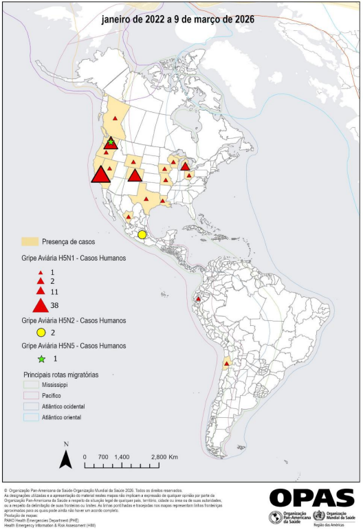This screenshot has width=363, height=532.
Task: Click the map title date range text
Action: coord(178,20)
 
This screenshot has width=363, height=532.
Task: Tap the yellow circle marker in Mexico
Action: coord(142,234)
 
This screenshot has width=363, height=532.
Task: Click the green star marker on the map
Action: coord(110,141)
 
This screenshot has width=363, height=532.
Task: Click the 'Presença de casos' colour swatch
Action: coord(30,242)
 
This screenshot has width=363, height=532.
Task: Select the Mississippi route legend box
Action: coord(30,386)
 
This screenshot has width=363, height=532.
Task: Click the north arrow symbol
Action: coord(65,458)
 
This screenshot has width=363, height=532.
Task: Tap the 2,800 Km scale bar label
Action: coord(164,456)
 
